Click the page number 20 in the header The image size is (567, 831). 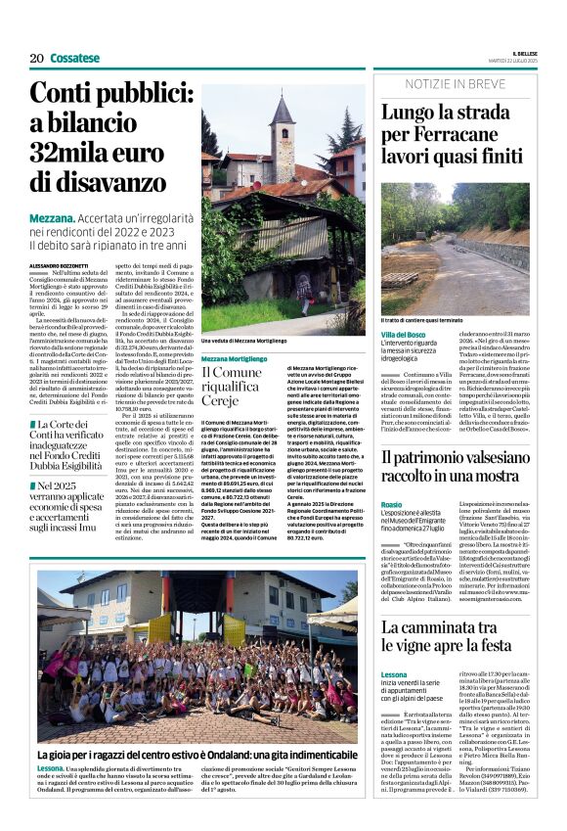[36, 58]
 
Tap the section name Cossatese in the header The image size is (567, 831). [75, 58]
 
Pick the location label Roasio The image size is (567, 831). [391, 503]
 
